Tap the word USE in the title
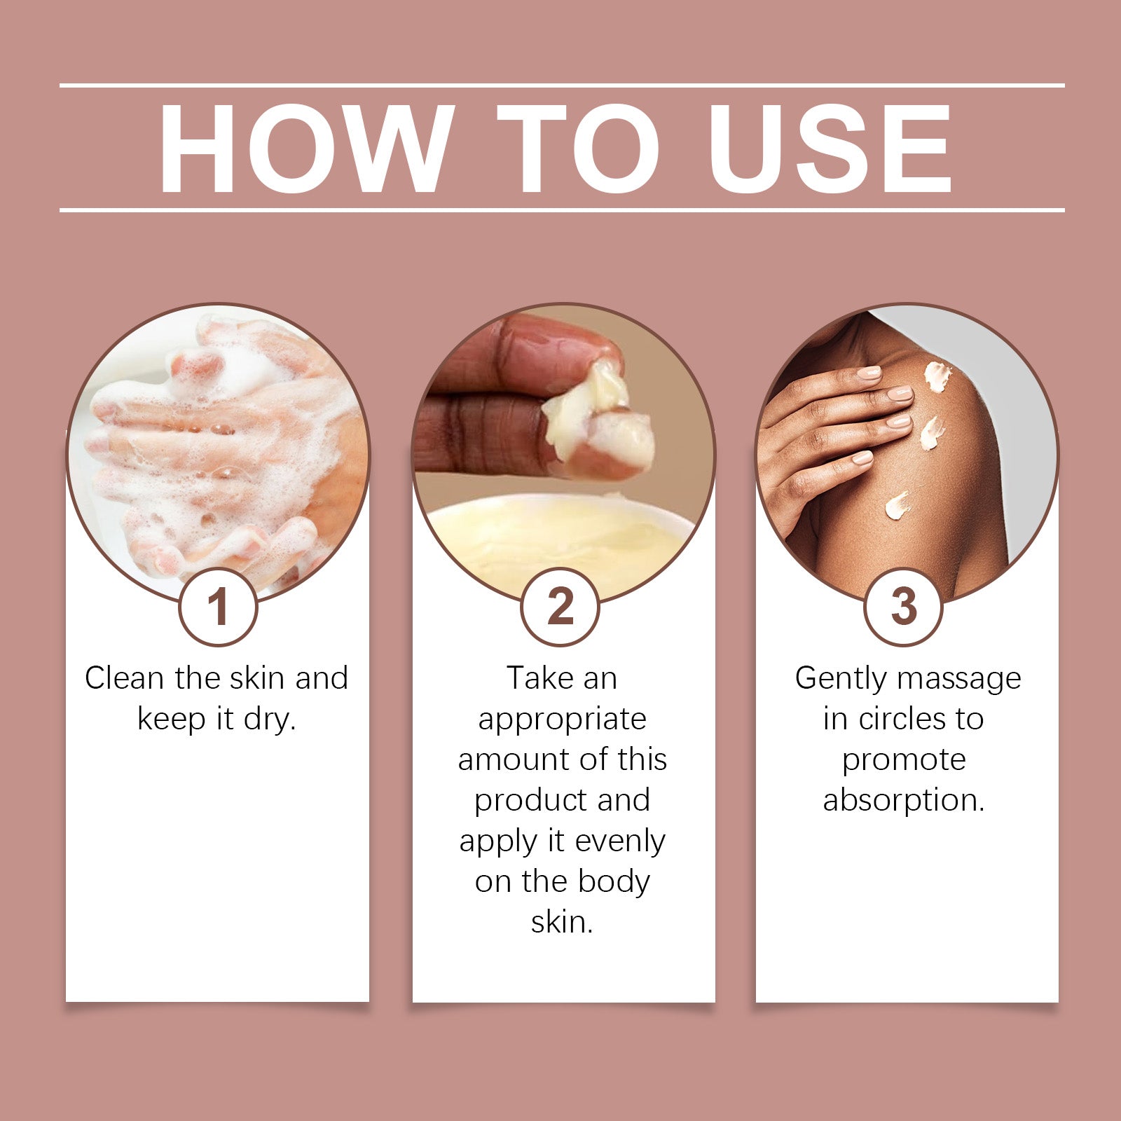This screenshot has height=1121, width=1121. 830,149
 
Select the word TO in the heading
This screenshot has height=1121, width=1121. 578,149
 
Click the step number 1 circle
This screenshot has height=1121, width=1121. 219,607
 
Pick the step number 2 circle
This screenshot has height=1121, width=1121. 560,607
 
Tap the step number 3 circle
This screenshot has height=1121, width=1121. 904,607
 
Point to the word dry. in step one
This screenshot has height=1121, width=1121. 270,720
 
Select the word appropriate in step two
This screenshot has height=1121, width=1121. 562,720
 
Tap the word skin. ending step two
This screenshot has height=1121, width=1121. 562,922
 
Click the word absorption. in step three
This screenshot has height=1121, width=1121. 904,800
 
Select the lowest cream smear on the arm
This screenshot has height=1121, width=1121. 897,504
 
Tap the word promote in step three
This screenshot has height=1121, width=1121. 904,760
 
